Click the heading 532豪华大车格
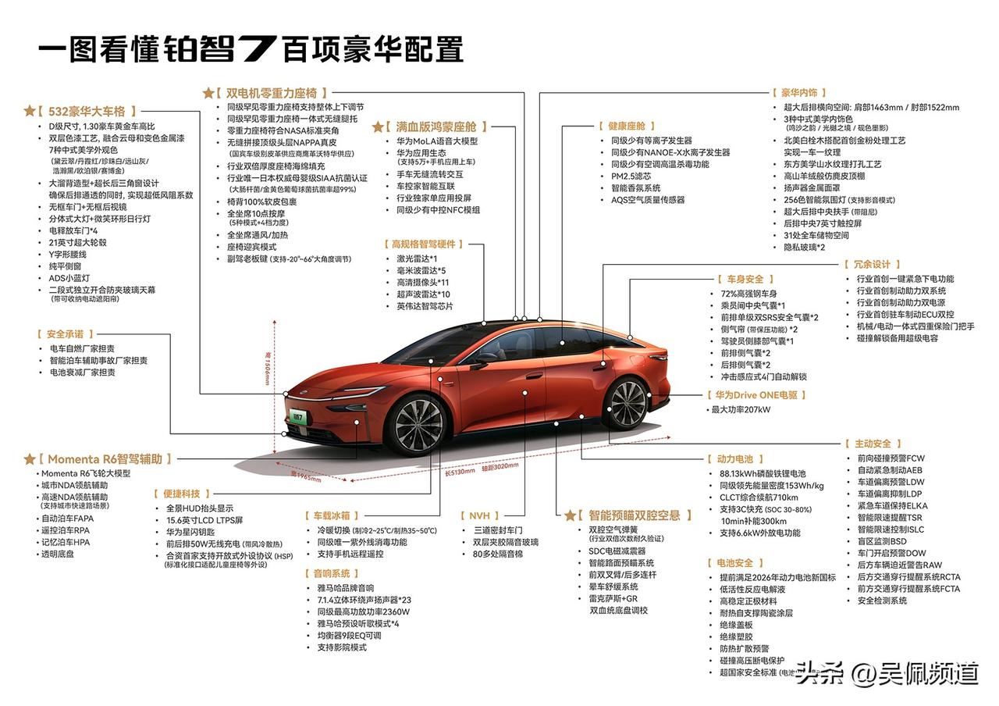pyautogui.click(x=86, y=112)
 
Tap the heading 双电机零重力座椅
pyautogui.click(x=271, y=93)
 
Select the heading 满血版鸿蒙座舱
pyautogui.click(x=441, y=127)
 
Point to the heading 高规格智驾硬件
pyautogui.click(x=423, y=244)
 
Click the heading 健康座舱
pyautogui.click(x=627, y=126)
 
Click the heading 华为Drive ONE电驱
pyautogui.click(x=756, y=396)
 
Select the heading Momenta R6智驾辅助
pyautogui.click(x=105, y=459)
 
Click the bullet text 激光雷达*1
pyautogui.click(x=417, y=259)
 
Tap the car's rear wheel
pyautogui.click(x=627, y=403)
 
